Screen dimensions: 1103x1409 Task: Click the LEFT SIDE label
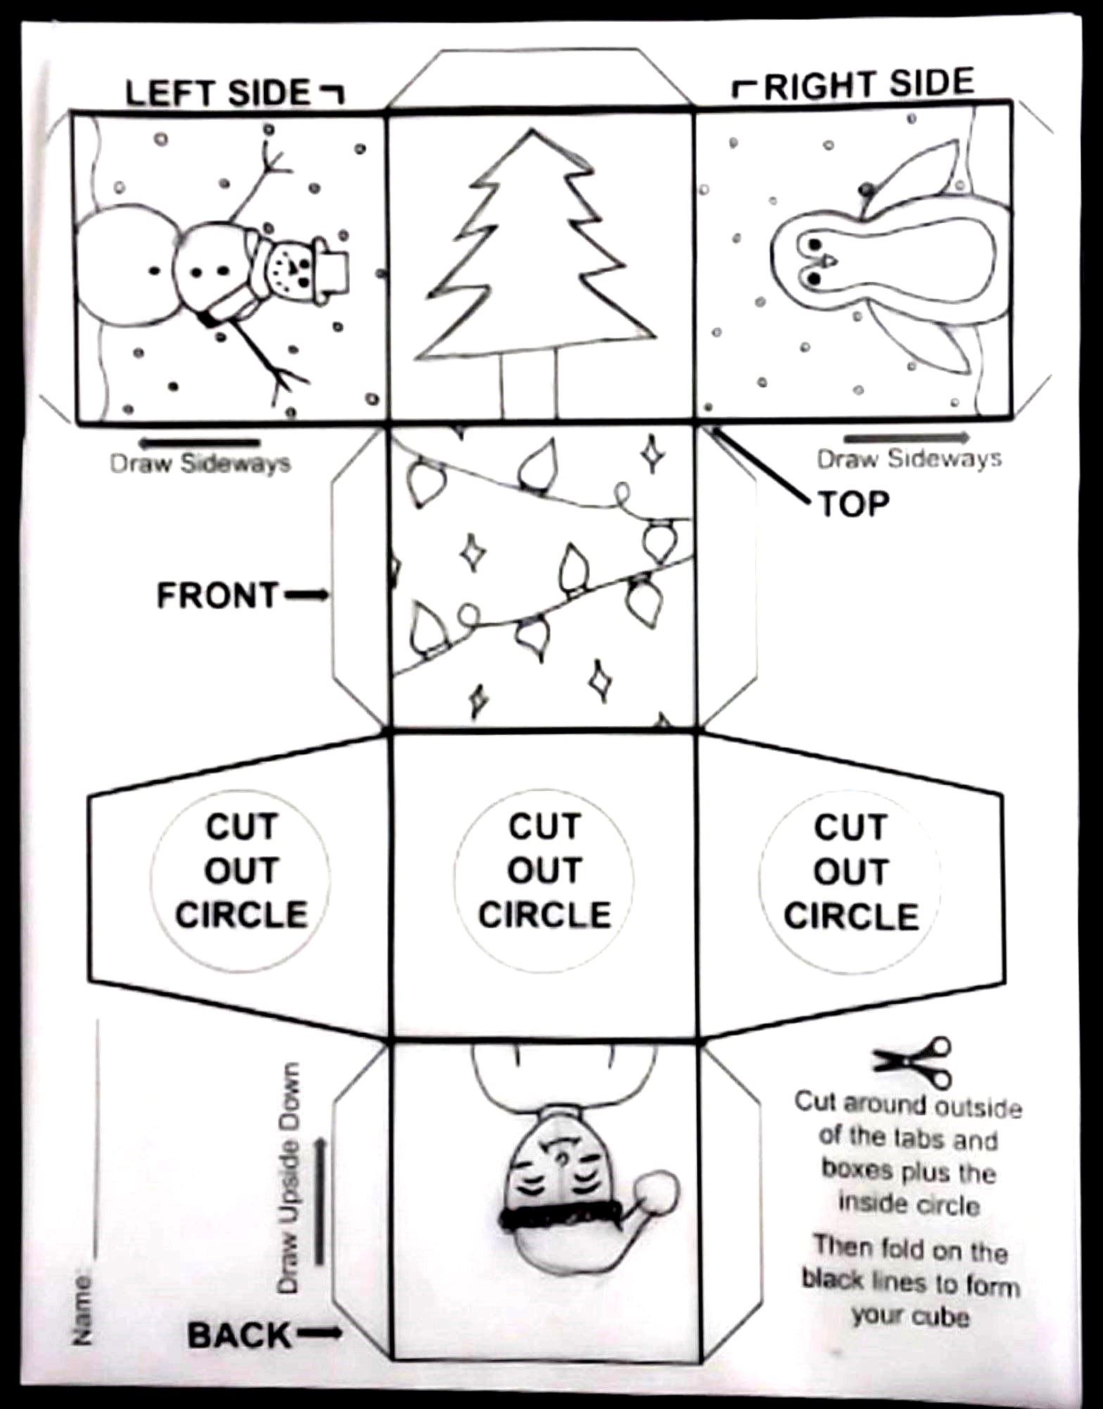[218, 93]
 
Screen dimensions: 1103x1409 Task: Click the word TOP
[853, 503]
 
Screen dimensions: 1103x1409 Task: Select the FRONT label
[218, 595]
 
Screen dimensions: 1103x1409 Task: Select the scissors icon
[913, 1061]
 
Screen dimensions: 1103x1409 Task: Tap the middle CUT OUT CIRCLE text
[544, 870]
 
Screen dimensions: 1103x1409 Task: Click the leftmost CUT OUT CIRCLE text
[241, 870]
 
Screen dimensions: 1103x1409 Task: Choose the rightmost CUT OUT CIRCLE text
[851, 872]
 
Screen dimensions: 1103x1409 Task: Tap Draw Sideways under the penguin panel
[909, 458]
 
